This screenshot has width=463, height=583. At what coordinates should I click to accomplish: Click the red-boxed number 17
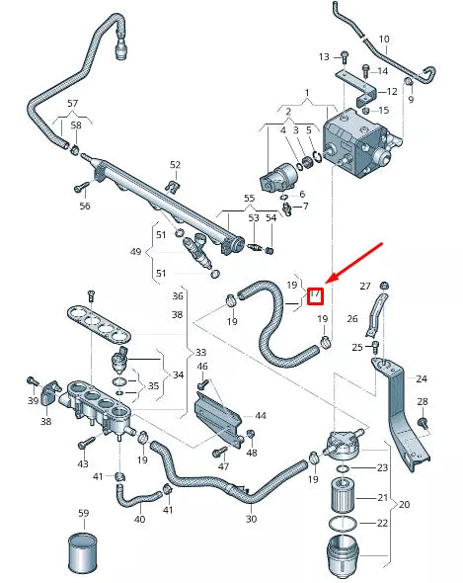315,294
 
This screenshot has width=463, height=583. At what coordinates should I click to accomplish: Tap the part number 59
84,513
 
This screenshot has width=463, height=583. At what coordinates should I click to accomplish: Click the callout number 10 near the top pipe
383,41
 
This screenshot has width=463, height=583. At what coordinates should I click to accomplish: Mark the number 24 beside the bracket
422,377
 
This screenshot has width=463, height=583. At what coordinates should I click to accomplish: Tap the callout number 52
175,165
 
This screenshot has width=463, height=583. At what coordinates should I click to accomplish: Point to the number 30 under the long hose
251,519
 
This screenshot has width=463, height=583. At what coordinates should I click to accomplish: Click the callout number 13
324,56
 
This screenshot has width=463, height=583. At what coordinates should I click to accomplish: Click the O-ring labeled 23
341,467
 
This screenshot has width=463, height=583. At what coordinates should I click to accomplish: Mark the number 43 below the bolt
83,463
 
